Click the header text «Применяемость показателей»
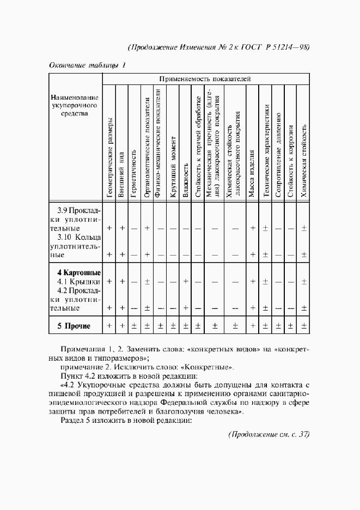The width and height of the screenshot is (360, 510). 205,78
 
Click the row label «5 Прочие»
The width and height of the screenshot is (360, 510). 74,326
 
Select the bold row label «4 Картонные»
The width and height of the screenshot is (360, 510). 79,272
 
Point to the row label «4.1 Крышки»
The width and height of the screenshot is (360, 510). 79,281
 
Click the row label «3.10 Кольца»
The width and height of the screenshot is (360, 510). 80,237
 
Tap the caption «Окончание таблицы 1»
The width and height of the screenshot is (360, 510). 88,65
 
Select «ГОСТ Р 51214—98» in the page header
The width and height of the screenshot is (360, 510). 281,47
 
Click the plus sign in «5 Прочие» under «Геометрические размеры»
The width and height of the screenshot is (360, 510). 109,326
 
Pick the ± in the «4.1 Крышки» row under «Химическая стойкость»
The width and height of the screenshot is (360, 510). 304,281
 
